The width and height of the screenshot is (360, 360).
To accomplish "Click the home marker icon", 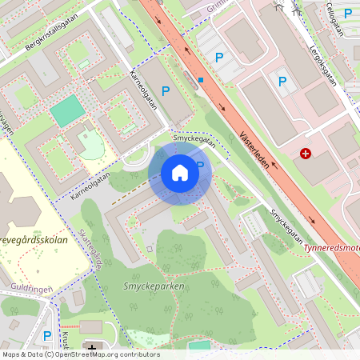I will point(180,173).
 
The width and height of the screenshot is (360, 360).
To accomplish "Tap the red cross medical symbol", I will point(306,153).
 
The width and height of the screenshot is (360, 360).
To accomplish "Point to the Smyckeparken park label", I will point(154,286).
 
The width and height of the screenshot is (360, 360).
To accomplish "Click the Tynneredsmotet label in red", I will point(332,247).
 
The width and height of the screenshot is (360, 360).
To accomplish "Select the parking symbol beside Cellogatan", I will point(348,13).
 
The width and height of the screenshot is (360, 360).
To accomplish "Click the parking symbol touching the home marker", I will point(201,166).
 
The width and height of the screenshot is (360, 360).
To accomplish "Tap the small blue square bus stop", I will point(201,80).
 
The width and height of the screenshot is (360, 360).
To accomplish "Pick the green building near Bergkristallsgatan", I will point(67,111).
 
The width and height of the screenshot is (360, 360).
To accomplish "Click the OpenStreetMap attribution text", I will point(80,354).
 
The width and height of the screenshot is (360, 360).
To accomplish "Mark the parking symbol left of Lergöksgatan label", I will point(282,81).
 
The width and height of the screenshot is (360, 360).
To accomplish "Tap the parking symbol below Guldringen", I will point(47,336).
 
